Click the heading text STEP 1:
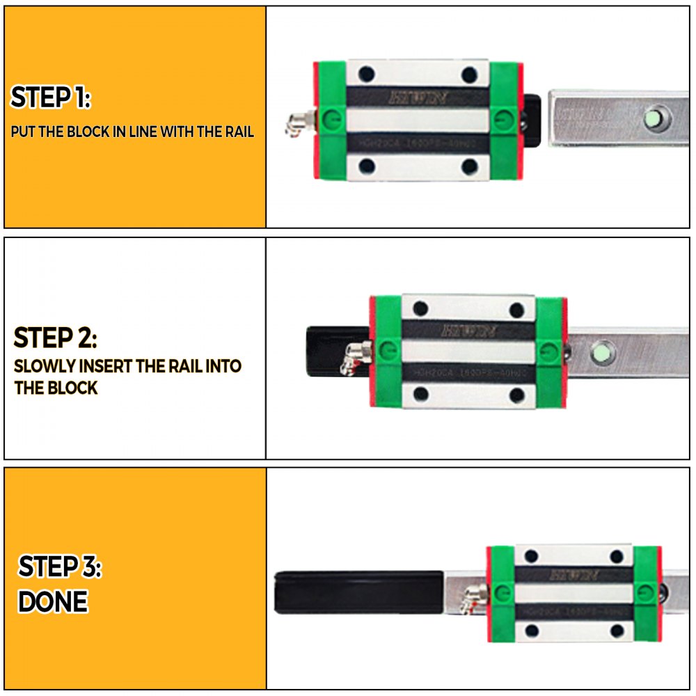pyautogui.click(x=50, y=98)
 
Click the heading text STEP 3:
pyautogui.click(x=60, y=567)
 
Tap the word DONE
pyautogui.click(x=53, y=601)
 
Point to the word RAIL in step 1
pyautogui.click(x=237, y=132)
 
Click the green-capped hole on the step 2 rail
pyautogui.click(x=603, y=353)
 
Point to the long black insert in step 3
pyautogui.click(x=359, y=592)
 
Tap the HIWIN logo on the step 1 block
pyautogui.click(x=418, y=97)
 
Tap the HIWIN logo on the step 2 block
pyautogui.click(x=467, y=329)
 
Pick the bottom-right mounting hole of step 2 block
pyautogui.click(x=516, y=395)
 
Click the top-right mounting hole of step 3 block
pyautogui.click(x=616, y=556)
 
